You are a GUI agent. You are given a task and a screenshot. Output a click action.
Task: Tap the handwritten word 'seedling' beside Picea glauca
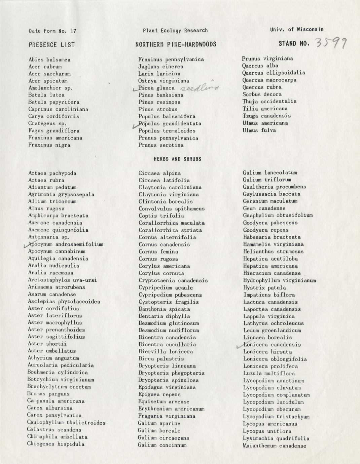[x=200, y=88]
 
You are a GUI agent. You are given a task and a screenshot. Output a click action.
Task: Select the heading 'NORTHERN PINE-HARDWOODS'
[x=176, y=44]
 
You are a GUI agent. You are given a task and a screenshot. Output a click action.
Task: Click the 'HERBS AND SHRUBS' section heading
[x=177, y=159]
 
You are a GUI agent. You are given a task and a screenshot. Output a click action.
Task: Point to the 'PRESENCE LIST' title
[x=52, y=45]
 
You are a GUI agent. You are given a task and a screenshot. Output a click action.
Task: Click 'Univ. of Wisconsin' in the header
[x=297, y=30]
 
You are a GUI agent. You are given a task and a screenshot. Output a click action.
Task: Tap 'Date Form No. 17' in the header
[x=52, y=31]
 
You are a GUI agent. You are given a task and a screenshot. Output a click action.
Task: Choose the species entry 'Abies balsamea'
[x=49, y=60]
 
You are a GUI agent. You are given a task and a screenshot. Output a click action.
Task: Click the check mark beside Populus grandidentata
[x=136, y=125]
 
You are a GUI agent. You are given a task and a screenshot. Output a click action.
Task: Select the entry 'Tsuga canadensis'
[x=266, y=116]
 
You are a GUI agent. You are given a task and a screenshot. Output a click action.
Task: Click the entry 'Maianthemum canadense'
[x=275, y=446]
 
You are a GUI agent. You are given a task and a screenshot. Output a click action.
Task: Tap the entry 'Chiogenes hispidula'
[x=56, y=444]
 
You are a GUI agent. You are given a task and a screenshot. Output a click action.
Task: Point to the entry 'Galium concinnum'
[x=162, y=445]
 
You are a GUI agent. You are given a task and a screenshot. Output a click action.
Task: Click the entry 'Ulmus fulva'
[x=259, y=130]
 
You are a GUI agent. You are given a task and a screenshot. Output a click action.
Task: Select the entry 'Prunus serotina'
[x=161, y=145]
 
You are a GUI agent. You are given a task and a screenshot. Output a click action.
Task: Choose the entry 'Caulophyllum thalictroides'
[x=66, y=423]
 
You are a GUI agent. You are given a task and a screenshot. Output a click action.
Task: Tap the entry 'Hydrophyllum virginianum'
[x=279, y=280]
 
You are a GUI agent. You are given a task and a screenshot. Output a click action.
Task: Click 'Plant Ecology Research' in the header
[x=175, y=31]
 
